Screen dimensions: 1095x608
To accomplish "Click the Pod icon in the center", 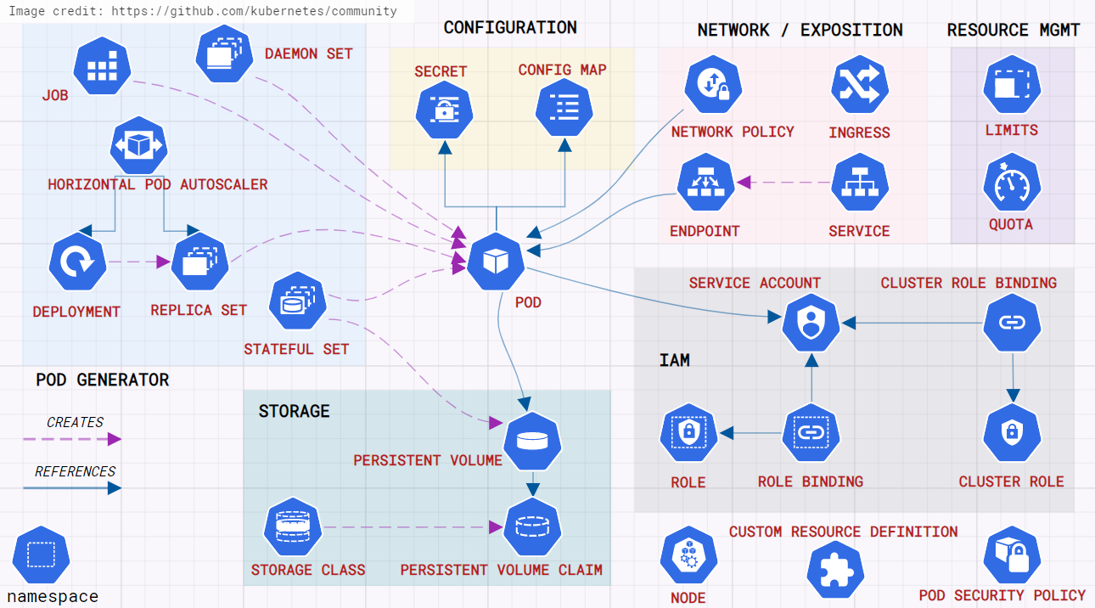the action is pos(495,261).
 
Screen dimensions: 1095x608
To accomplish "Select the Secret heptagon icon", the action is pos(444,109).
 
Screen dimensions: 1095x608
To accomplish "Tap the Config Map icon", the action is pos(564,108).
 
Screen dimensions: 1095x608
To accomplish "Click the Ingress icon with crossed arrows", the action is pos(859,85).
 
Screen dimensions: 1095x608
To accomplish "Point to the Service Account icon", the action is pos(811,323).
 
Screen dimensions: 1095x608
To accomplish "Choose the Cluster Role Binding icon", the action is pos(1011,323).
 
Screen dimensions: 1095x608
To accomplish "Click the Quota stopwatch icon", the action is pos(1011,183).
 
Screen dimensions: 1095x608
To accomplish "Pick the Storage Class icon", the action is pos(293,526).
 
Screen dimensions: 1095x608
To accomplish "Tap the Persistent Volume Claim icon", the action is pos(532,526).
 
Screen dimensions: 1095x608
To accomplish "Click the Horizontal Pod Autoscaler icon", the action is pos(138,145).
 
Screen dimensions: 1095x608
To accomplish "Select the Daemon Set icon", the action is pos(224,53).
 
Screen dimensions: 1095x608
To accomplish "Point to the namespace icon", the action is pos(41,555).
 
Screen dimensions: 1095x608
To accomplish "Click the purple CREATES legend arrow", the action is pos(72,439).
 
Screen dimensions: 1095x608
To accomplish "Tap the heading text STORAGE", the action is pos(294,411).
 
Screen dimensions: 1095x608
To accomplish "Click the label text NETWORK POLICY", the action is pos(733,132).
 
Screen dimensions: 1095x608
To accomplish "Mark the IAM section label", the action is pos(675,360).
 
